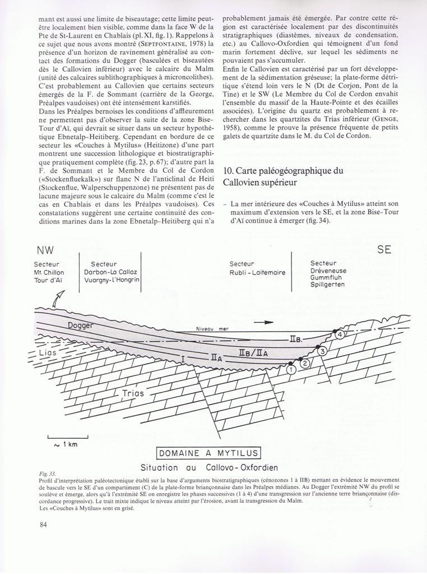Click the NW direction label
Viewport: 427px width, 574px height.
pyautogui.click(x=45, y=250)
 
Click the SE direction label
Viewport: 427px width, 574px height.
pyautogui.click(x=384, y=250)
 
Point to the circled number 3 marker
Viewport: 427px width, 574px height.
pyautogui.click(x=322, y=351)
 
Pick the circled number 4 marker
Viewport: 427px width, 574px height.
pyautogui.click(x=340, y=335)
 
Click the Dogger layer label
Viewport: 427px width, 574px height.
pyautogui.click(x=81, y=325)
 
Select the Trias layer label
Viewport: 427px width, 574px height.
pyautogui.click(x=133, y=393)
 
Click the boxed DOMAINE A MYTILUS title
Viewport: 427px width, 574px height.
pyautogui.click(x=207, y=453)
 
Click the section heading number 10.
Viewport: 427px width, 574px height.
pyautogui.click(x=228, y=171)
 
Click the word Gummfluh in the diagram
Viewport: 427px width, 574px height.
pyautogui.click(x=328, y=277)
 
